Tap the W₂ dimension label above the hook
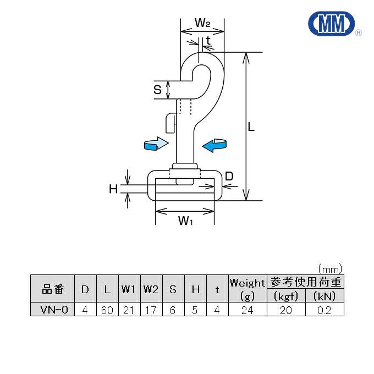coord(202,23)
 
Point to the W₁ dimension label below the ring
coord(185,221)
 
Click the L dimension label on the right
coord(251,127)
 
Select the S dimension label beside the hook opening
coord(158,89)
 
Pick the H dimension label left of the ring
coord(113,189)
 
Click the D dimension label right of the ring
coord(229,177)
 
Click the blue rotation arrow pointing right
coord(155,144)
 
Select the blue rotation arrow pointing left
coord(215,145)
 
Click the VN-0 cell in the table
coord(52,310)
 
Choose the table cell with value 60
coord(107,310)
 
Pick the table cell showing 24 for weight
coord(248,310)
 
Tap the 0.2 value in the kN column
coord(324,310)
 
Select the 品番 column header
coord(52,289)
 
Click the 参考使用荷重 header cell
coord(305,282)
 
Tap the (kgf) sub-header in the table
coord(286,296)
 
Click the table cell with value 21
coord(129,310)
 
